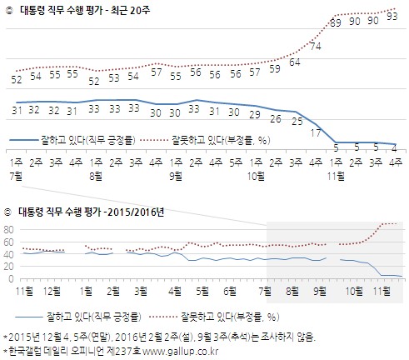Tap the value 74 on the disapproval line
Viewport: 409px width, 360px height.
(x=316, y=46)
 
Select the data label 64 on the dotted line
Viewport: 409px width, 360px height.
(x=295, y=62)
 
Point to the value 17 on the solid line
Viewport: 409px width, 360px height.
(x=316, y=131)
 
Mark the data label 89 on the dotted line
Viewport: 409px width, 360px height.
(x=337, y=23)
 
